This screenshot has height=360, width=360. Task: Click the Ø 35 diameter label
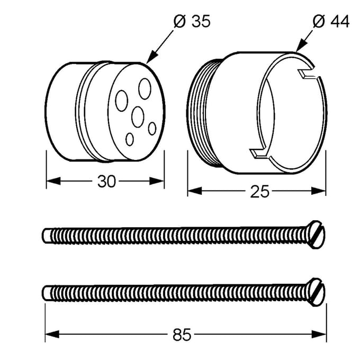click(192, 21)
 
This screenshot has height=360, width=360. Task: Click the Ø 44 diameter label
click(331, 21)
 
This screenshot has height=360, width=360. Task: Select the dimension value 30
click(106, 182)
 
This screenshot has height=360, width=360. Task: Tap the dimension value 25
click(259, 192)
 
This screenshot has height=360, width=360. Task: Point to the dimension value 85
click(182, 335)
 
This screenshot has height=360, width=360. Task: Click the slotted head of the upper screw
click(317, 235)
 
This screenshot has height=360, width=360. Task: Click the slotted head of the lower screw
click(317, 292)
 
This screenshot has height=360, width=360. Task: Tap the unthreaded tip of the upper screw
click(47, 236)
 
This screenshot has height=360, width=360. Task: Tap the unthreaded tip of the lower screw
click(47, 293)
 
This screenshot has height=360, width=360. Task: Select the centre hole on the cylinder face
click(138, 117)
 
